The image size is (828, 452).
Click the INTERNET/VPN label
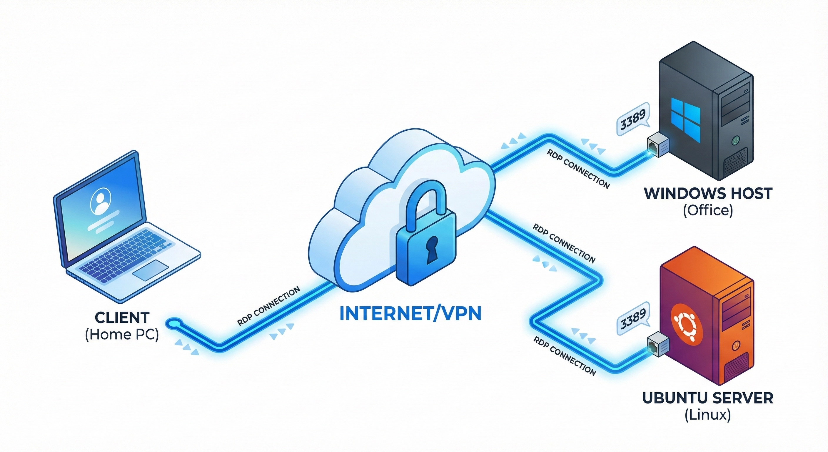410,314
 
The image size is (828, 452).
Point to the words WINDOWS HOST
708,193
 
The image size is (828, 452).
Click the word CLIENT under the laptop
122,318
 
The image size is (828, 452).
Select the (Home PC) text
122,335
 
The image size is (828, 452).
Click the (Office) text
708,210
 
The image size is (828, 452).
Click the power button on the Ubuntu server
735,346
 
